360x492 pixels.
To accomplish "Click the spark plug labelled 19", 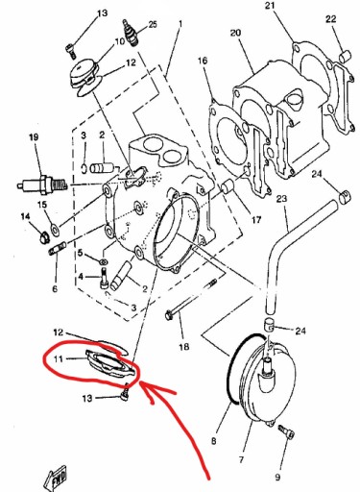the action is (x=42, y=184).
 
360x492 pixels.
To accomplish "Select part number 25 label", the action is (x=153, y=24).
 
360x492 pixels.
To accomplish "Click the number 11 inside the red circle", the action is (x=58, y=358).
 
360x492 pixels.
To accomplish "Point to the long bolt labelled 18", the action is (x=191, y=298).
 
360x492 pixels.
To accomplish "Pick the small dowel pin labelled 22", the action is (x=345, y=56).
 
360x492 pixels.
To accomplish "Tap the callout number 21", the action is (x=270, y=6).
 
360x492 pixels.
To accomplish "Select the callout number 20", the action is (x=235, y=33).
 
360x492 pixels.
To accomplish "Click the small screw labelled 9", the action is (x=287, y=431).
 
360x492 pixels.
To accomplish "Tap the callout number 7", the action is (x=242, y=459).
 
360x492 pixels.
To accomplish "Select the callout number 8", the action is (x=214, y=441).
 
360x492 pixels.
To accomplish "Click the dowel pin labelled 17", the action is (x=228, y=186).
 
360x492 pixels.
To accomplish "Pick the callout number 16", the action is (x=203, y=61).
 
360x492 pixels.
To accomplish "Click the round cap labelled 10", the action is (x=84, y=74).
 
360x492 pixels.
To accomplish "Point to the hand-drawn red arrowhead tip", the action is (x=141, y=381).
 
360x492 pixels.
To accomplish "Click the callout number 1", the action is (x=180, y=24).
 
